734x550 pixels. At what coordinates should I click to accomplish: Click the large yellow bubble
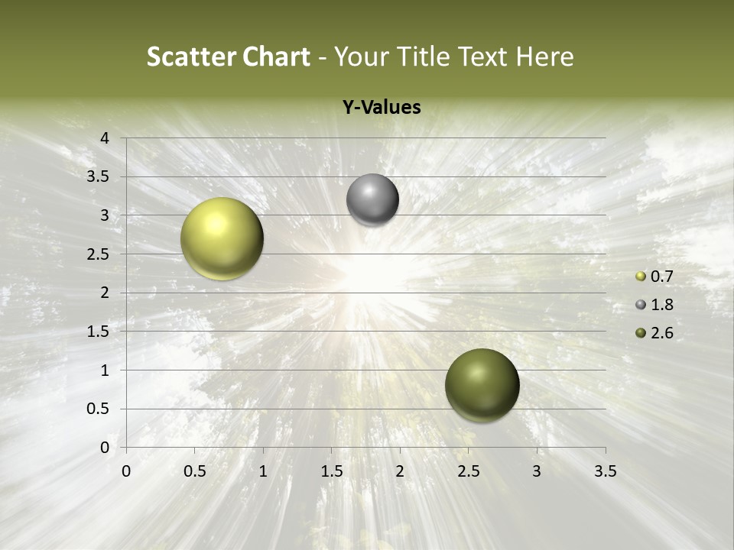222,238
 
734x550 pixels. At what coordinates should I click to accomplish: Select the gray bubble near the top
372,200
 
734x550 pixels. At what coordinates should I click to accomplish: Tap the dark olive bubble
482,385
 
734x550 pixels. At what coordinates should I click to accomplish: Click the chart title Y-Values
382,108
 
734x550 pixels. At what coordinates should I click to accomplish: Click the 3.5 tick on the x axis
606,471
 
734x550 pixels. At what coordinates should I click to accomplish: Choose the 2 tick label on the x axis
400,471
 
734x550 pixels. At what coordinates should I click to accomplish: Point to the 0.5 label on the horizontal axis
194,471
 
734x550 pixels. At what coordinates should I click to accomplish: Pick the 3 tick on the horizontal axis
537,471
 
